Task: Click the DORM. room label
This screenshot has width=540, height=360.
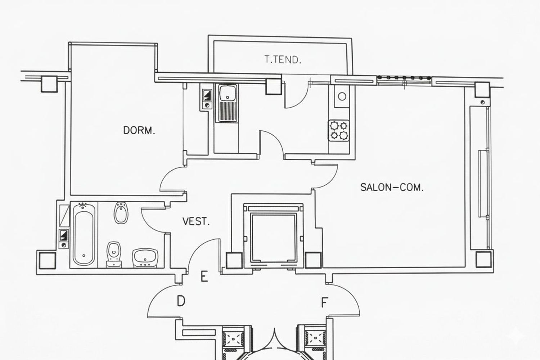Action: [x=139, y=130]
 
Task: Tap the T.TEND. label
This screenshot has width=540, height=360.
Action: [x=283, y=59]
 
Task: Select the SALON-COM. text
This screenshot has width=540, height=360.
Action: [x=392, y=187]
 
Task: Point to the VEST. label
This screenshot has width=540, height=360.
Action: [x=196, y=221]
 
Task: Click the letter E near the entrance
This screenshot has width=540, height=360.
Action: [x=204, y=276]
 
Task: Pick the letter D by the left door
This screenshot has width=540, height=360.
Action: [x=181, y=301]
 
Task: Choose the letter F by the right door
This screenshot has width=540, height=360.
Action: [x=324, y=302]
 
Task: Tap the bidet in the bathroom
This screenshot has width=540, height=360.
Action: [x=121, y=213]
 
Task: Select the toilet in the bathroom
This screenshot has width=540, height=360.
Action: [x=113, y=255]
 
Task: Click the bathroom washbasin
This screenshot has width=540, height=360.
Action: [x=145, y=258]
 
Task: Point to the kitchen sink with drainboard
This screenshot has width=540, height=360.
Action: [x=228, y=103]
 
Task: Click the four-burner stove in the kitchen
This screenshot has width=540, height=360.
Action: [x=339, y=130]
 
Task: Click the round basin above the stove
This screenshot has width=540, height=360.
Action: [x=342, y=96]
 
